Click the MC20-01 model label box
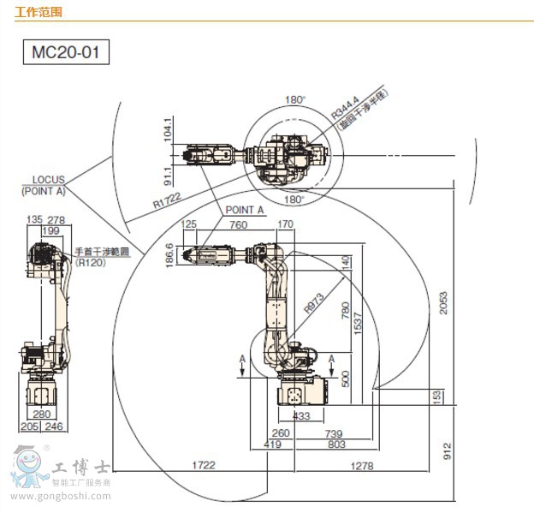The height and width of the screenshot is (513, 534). click(66, 53)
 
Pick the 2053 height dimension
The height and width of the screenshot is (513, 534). click(443, 297)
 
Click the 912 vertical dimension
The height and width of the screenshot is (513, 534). click(447, 451)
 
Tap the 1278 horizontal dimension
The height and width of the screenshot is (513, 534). click(363, 465)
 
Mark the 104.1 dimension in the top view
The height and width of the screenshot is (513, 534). click(169, 128)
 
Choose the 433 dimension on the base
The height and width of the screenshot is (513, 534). click(301, 415)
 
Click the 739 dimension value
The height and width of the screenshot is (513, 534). click(333, 434)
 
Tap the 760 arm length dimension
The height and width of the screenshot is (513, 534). click(239, 225)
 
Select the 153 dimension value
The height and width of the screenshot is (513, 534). click(436, 396)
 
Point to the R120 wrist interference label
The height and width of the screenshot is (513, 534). click(89, 263)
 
